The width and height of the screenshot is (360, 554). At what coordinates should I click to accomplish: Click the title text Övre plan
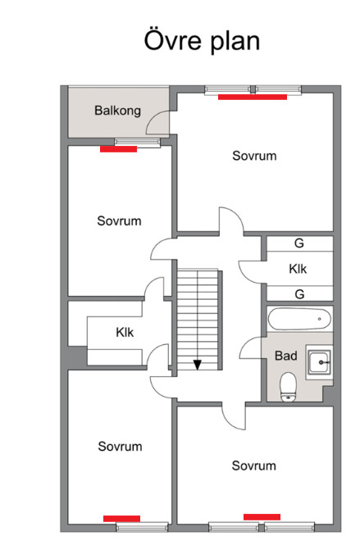pos(202,41)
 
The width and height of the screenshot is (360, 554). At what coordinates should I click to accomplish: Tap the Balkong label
pos(118,111)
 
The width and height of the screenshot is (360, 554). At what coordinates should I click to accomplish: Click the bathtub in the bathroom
pos(300,319)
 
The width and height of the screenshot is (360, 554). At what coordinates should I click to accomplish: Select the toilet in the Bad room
pos(288,388)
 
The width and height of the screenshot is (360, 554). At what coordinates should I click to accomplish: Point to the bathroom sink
pos(319,362)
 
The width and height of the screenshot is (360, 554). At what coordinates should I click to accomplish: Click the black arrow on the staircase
pos(198,365)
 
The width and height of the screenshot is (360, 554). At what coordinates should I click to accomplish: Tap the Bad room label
pos(285,356)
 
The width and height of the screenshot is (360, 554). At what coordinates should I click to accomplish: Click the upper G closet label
pos(299,243)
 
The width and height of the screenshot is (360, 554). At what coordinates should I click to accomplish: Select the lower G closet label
pos(299,294)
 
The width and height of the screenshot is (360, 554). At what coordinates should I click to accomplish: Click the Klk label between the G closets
pos(298,269)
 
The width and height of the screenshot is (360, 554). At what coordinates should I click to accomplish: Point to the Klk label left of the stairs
pos(125,332)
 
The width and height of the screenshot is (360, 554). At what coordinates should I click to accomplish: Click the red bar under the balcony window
pos(118,149)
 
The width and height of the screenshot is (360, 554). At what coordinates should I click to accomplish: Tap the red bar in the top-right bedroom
pos(253,98)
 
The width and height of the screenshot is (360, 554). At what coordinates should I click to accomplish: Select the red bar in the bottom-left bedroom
pos(121,519)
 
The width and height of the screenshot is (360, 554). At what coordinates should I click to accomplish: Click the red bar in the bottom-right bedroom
pos(262,517)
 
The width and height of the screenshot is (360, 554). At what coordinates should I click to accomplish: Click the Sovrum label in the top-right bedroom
pos(254,156)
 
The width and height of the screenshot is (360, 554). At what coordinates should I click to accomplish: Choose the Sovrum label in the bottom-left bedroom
pos(120,447)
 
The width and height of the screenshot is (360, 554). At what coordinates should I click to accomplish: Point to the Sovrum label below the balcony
pos(119,221)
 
